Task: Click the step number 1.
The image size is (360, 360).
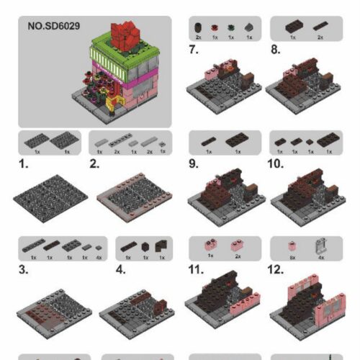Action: coord(24,163)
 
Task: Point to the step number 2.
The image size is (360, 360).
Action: coord(94,163)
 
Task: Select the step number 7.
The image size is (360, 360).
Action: coord(194,50)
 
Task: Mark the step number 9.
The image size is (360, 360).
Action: coord(194,163)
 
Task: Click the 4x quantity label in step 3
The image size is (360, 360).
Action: coord(99,257)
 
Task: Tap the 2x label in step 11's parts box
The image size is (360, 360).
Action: coord(235,257)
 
